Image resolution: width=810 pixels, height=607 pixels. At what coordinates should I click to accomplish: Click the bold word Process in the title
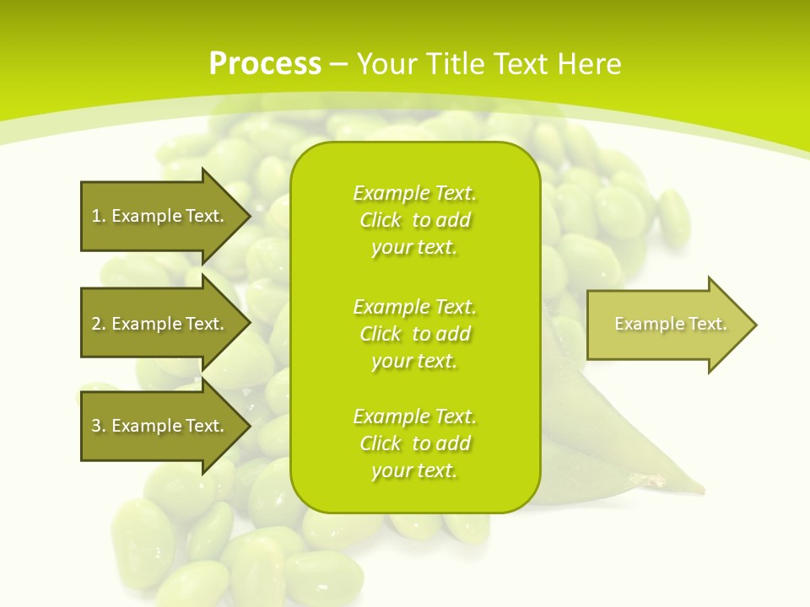[265, 64]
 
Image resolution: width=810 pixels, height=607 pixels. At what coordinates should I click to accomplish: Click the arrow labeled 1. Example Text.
[160, 216]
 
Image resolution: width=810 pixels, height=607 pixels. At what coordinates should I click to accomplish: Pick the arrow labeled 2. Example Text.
[160, 324]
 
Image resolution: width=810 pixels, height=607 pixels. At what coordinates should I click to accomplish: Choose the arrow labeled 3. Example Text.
[160, 426]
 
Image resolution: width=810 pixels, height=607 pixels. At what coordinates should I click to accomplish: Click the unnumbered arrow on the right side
[667, 325]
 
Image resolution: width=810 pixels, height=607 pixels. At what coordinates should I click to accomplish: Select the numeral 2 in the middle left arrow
[95, 324]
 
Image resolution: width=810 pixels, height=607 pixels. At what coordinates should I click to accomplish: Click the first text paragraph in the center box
[414, 220]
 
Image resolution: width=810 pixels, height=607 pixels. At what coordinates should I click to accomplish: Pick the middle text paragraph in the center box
[414, 334]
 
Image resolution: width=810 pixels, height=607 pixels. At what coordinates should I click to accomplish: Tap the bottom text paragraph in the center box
[414, 443]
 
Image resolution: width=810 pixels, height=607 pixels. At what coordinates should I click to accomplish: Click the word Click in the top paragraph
[381, 220]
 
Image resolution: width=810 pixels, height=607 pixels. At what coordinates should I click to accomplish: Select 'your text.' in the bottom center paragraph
[414, 470]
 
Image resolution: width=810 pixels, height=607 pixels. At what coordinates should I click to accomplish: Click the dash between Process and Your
[339, 64]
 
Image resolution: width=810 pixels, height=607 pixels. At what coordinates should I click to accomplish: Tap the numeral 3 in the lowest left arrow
[95, 426]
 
